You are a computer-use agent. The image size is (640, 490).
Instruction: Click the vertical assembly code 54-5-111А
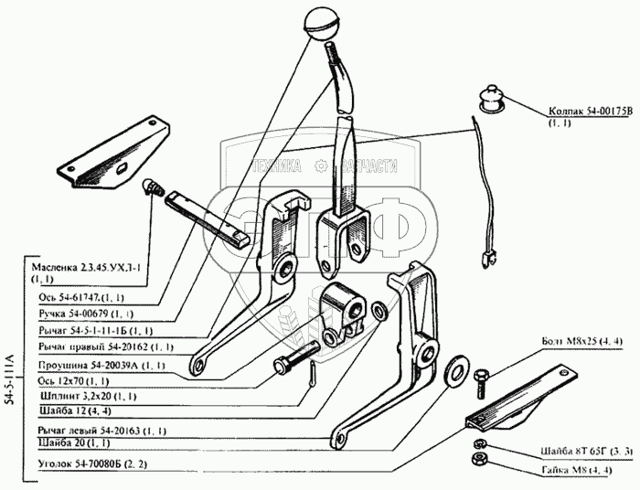coord(11,376)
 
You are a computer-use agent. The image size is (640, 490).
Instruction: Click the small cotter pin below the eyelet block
coord(314,374)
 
